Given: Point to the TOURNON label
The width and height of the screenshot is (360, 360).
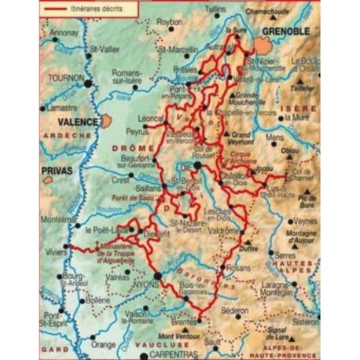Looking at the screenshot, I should click(66, 79).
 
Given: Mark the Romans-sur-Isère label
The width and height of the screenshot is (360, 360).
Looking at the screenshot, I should click(128, 76).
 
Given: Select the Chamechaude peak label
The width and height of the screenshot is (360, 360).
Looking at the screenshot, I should click(266, 13).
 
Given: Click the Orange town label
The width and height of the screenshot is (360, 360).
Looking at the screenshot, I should click(103, 343).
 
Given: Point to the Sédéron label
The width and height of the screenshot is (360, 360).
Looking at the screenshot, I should click(237, 310).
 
